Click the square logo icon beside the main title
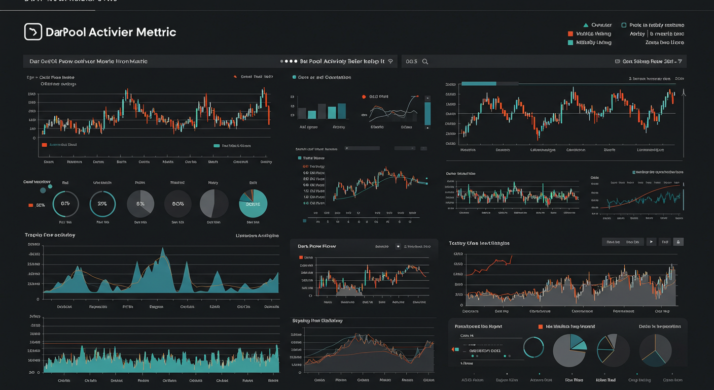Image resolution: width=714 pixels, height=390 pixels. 33,31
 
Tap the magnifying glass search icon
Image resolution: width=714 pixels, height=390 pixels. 425,61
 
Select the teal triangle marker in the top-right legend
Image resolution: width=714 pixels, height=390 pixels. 586,25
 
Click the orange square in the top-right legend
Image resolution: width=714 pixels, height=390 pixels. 570,34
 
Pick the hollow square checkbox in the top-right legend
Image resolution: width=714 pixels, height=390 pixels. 624,25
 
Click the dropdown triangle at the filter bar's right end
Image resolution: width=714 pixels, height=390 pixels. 680,61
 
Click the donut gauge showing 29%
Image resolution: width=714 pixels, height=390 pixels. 102,204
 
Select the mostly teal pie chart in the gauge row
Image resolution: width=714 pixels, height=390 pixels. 253,204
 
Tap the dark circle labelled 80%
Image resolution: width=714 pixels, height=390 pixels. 177,204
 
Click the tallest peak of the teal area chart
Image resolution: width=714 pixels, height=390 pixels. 163,249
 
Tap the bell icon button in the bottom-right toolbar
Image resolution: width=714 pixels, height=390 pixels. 679,242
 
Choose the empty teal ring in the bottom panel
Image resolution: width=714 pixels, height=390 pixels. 533,347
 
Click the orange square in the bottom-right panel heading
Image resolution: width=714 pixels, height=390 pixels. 541,327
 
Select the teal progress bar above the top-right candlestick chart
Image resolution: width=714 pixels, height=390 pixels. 479,83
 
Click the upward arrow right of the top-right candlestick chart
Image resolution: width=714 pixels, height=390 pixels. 684,93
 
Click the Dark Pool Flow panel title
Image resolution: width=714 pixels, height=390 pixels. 316,246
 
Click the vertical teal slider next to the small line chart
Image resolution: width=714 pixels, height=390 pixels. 427,113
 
